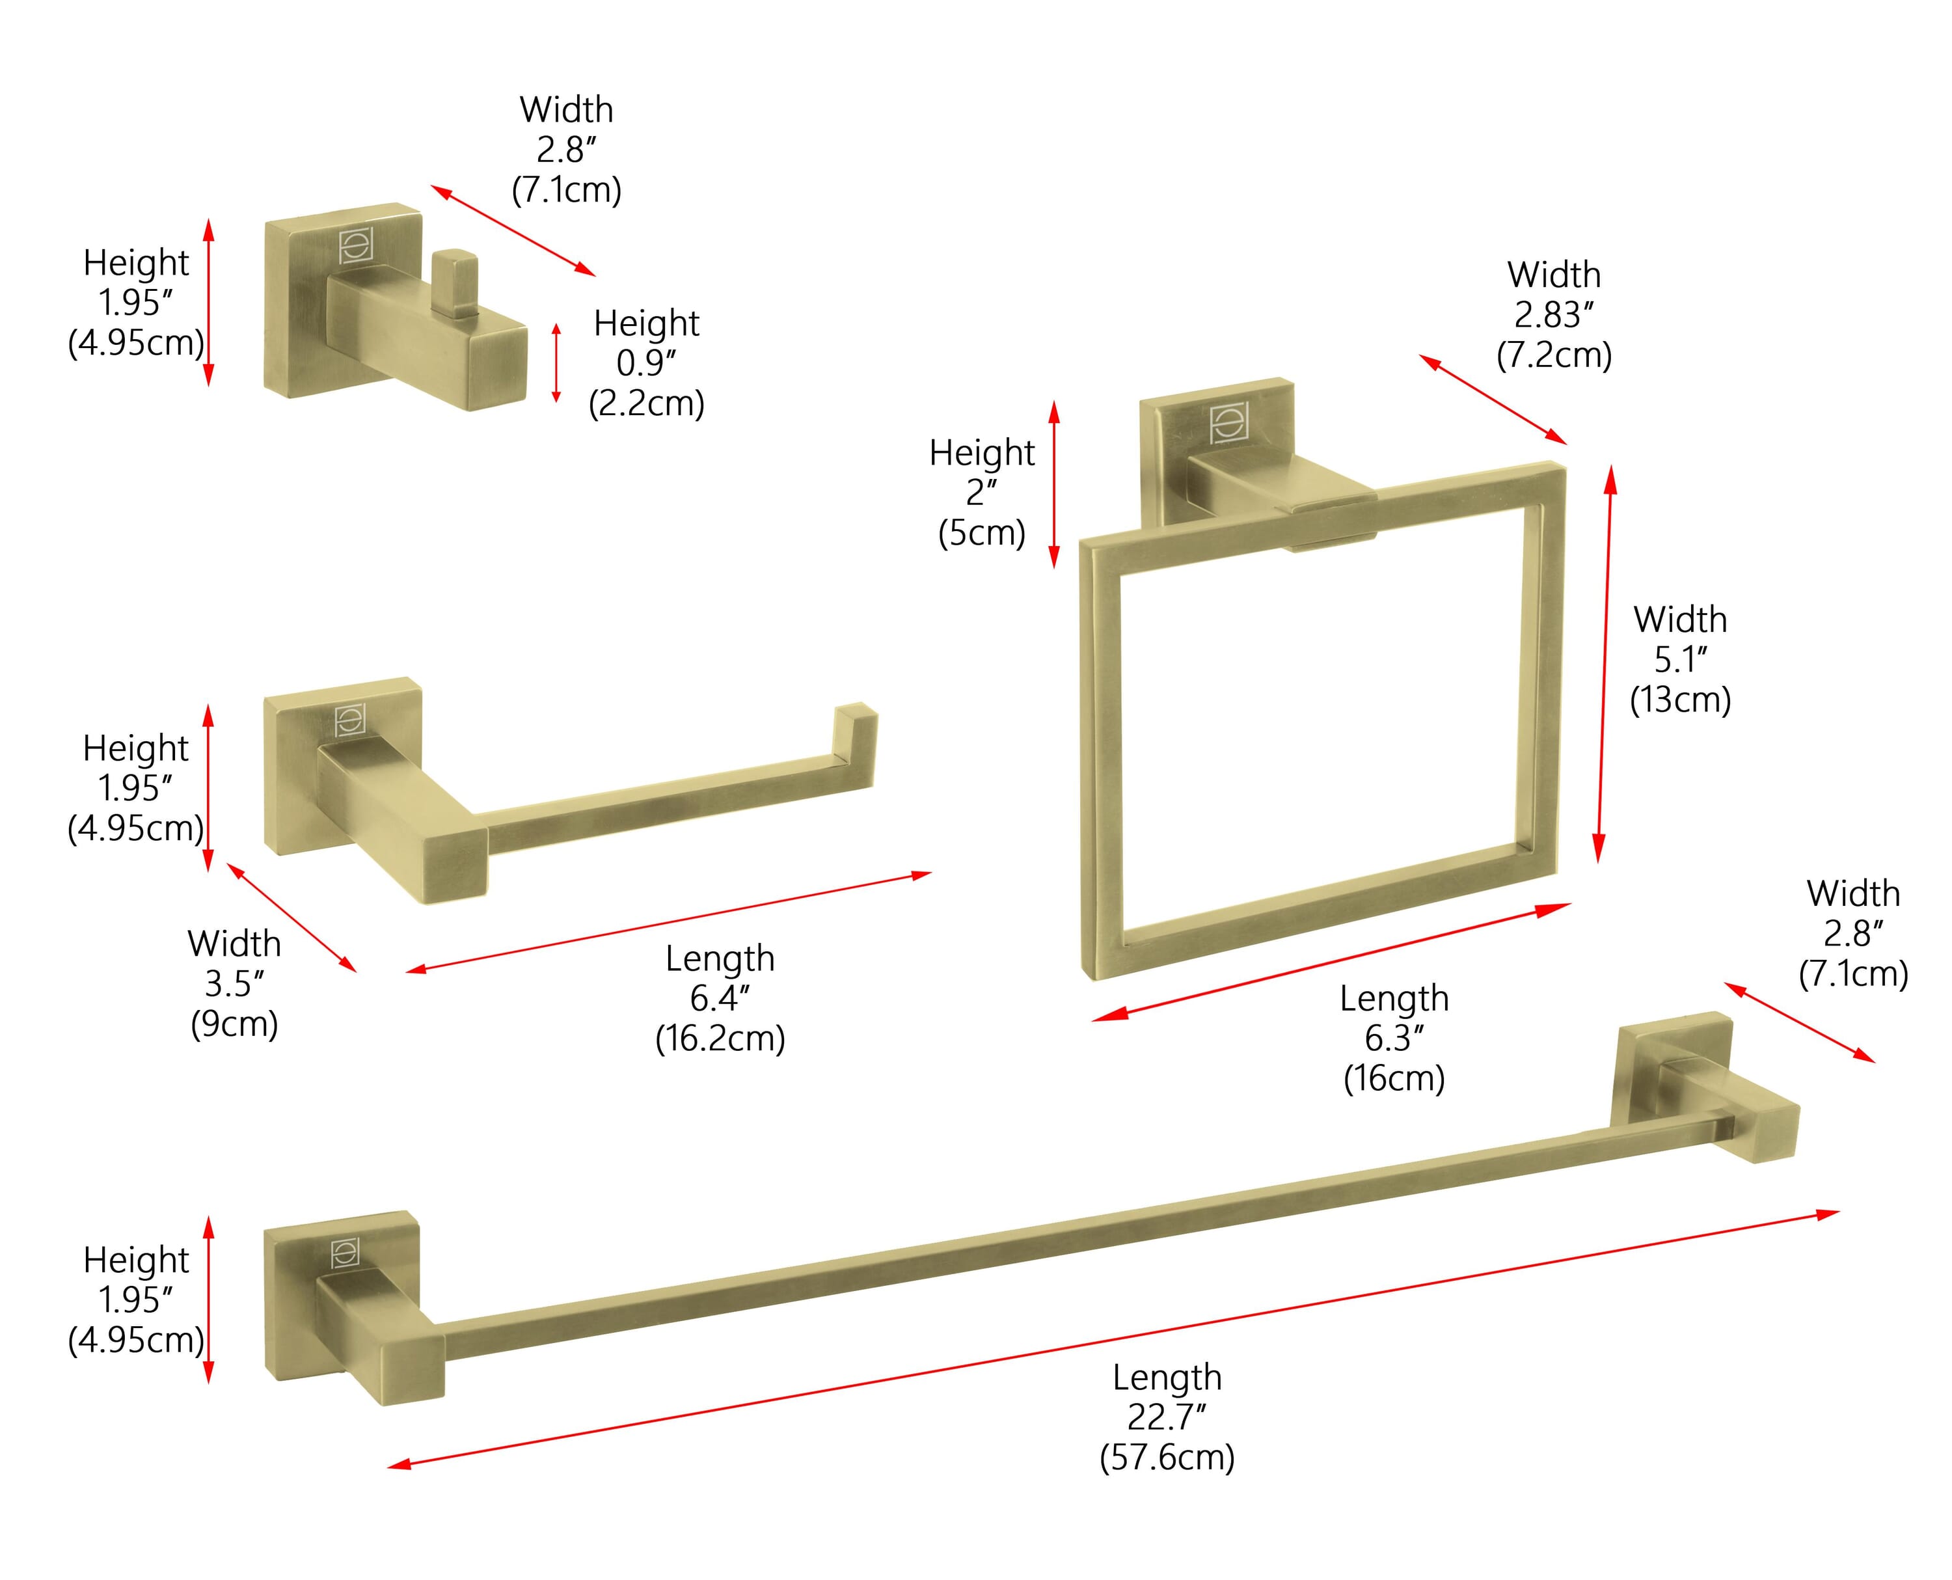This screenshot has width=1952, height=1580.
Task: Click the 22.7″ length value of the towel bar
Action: [1167, 1417]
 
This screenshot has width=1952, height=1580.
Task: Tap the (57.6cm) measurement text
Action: [1167, 1458]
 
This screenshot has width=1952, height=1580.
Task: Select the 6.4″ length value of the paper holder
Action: [719, 998]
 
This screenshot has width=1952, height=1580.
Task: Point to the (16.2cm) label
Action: [720, 1039]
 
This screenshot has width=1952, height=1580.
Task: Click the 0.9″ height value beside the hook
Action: [646, 362]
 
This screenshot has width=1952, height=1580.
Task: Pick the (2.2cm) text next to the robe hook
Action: [646, 403]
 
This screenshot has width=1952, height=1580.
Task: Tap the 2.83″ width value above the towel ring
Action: [1553, 315]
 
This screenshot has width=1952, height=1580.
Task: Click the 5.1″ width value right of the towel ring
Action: [1680, 660]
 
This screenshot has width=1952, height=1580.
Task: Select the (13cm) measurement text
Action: [1680, 700]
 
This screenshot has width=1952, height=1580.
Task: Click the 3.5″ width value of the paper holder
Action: [234, 984]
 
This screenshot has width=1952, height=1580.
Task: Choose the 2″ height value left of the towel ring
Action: [982, 493]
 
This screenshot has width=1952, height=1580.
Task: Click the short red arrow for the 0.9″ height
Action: [556, 362]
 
